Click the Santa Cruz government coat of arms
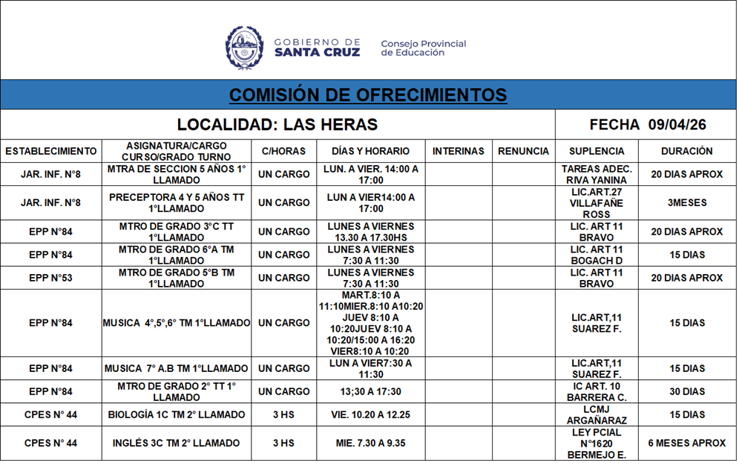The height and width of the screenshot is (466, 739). point(244,48)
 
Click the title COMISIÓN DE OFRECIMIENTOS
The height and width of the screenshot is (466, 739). point(368,95)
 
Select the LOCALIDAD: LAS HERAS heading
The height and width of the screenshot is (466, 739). point(277,124)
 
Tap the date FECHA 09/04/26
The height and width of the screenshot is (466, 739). point(647,124)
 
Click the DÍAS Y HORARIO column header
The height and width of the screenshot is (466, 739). point(370,151)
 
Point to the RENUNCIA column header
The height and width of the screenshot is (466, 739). point(523,151)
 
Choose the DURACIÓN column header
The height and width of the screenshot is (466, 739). point(686,151)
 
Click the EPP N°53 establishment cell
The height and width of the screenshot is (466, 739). point(51,278)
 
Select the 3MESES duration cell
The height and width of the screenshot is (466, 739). point(686,203)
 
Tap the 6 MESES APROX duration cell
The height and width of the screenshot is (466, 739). point(686,443)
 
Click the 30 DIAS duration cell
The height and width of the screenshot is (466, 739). point(686,391)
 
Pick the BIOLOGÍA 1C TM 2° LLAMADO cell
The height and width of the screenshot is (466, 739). point(177,414)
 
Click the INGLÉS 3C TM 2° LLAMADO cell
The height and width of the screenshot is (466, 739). point(177,443)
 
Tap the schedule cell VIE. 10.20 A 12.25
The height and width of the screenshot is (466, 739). point(370,414)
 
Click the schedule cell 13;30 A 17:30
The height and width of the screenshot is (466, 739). point(370,391)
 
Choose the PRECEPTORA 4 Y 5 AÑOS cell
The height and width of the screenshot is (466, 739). point(177,203)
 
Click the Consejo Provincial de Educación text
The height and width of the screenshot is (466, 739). point(423,48)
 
